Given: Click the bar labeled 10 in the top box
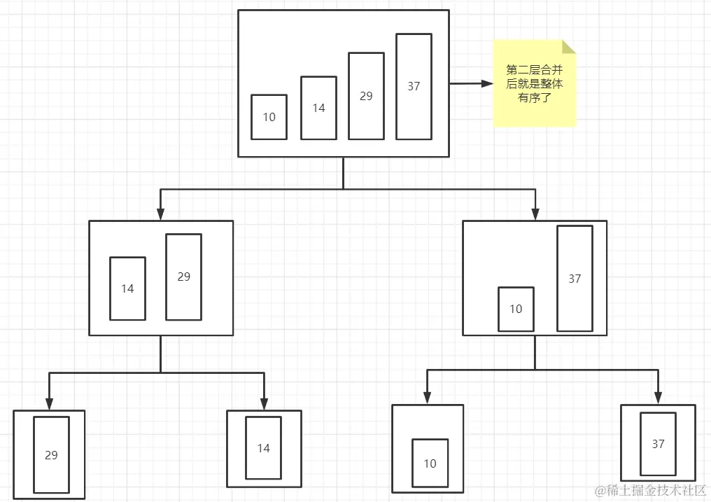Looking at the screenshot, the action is tap(269, 117).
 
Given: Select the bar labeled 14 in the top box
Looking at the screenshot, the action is tap(318, 108).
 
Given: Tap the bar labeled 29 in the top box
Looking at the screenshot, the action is tap(366, 96).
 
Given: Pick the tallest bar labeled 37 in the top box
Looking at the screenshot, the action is tap(414, 86).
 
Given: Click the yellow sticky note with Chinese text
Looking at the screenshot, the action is tap(535, 84).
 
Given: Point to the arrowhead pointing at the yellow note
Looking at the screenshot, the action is tap(487, 83).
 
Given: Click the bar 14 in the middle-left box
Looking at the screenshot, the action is tap(127, 288).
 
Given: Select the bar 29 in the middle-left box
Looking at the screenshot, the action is tap(183, 277).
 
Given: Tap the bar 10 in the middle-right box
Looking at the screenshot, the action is tap(516, 309).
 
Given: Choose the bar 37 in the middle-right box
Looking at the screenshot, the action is tap(575, 279).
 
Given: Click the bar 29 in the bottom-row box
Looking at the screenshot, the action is tap(51, 455).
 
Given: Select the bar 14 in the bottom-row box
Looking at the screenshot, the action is tap(263, 448).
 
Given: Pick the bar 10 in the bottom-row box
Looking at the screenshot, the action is tap(430, 463).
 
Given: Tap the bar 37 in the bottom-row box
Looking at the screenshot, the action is tap(658, 444).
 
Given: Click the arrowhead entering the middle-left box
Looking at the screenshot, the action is tap(160, 214).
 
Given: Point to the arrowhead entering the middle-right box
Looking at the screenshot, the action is tap(535, 214).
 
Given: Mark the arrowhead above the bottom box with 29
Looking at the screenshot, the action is tap(49, 404).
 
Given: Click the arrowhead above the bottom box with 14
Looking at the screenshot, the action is tap(264, 404).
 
